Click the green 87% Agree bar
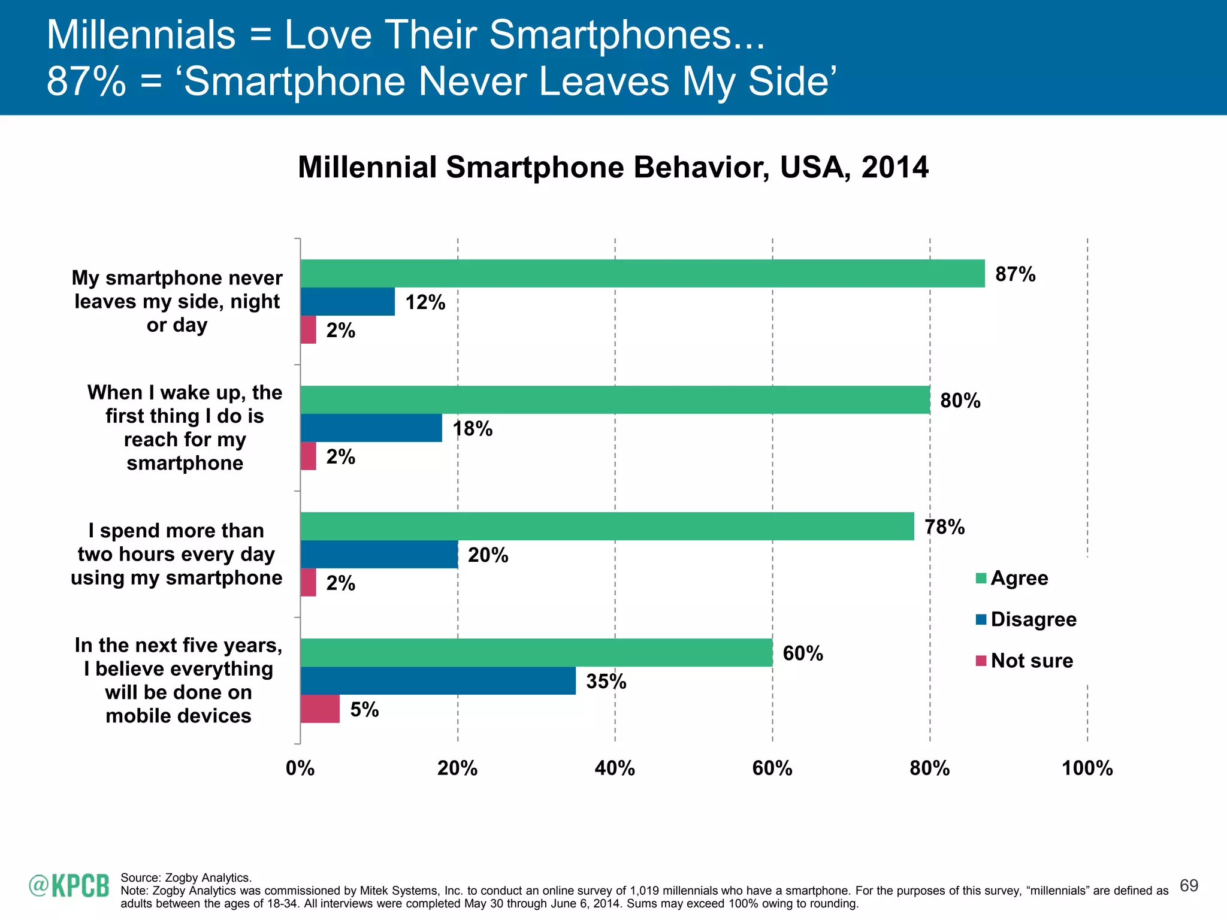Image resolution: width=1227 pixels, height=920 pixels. click(642, 274)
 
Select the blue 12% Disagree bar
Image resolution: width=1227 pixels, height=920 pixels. click(347, 302)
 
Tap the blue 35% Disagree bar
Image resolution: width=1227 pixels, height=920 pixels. click(438, 681)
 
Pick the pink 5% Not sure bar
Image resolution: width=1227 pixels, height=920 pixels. click(320, 709)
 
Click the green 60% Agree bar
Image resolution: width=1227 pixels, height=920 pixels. click(536, 653)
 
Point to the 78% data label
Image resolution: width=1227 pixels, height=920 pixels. click(945, 527)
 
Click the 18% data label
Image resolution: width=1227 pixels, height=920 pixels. click(473, 429)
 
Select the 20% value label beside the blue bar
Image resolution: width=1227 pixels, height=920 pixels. click(488, 555)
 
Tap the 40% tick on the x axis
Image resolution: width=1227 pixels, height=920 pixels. click(615, 768)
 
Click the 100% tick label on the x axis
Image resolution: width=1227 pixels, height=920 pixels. click(1087, 768)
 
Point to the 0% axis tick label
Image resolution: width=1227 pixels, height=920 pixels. click(300, 768)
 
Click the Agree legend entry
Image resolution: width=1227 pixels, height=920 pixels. click(1019, 578)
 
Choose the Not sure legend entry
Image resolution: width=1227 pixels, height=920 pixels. click(1031, 661)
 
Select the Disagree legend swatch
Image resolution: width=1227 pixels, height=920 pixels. click(981, 619)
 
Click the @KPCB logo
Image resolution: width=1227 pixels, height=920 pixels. click(69, 886)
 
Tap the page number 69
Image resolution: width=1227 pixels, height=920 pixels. click(1189, 885)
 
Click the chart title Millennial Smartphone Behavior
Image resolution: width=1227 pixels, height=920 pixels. click(613, 167)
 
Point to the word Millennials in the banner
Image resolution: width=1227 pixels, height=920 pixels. click(141, 35)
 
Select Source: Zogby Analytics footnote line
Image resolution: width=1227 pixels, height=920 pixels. click(186, 877)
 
